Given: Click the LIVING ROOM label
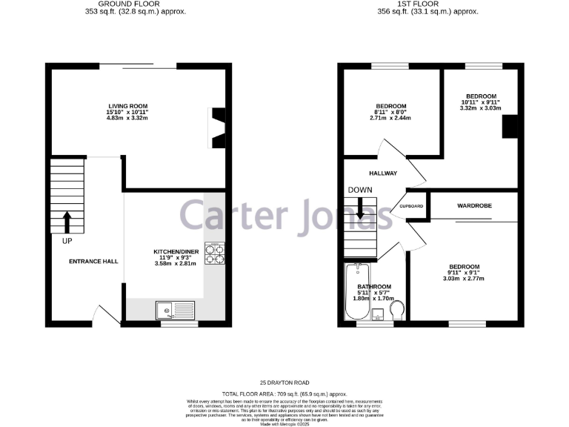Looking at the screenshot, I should pos(123,106).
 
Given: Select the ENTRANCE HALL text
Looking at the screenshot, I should pos(93,262).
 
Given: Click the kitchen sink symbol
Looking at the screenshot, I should pos(176,310).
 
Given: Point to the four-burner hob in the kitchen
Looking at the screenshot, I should pos(215,254).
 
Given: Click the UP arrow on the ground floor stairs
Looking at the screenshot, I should pos(67,222).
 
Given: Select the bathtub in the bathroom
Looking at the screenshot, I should pos(357,294).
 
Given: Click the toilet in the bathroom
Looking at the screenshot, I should pos(396,309).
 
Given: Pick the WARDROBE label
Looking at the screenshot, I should pos(474,205).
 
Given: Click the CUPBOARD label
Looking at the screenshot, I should pos(412,206).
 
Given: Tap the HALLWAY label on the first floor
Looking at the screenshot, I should pos(383,173).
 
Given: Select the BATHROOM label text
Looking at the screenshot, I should pos(374,286).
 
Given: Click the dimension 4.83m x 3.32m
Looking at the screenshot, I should pos(123,119).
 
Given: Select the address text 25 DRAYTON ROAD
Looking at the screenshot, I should pos(284,382).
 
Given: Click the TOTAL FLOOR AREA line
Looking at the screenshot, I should pos(284,394).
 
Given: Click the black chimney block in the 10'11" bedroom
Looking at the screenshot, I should pos(510,127).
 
